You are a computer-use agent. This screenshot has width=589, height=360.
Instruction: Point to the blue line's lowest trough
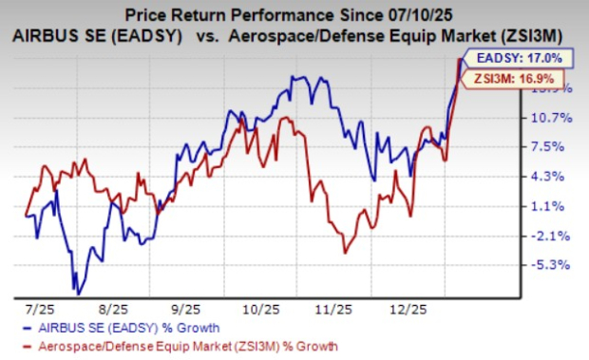coord(76,293)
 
